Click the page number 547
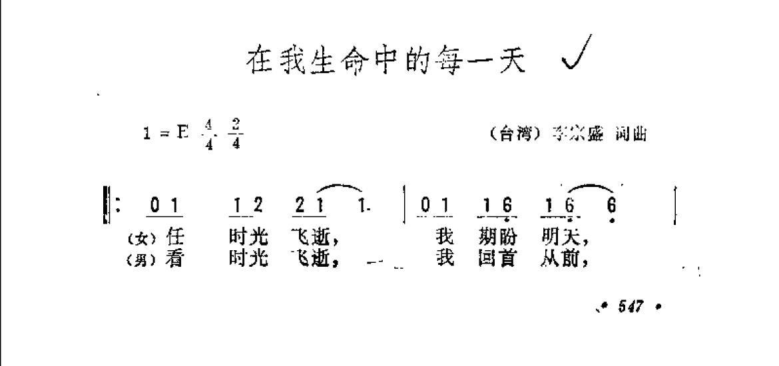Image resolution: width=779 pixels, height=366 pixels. point(629,307)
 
